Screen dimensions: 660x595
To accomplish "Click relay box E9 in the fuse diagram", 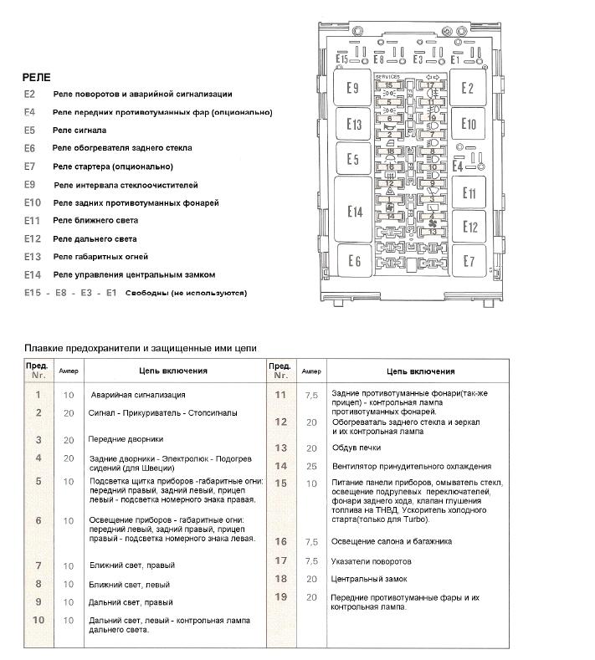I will tap(353, 89).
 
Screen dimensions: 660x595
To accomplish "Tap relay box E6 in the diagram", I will tap(354, 262).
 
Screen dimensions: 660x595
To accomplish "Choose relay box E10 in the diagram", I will tap(469, 125).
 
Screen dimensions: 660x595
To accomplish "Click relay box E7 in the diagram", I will tap(469, 261).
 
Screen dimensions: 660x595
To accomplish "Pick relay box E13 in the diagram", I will tap(354, 125).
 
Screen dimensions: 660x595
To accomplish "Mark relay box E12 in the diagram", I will tap(470, 227).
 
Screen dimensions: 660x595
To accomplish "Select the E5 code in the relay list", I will tap(30, 130).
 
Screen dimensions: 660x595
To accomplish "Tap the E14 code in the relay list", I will tap(33, 274).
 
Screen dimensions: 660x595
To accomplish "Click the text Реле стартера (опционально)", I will tap(104, 166).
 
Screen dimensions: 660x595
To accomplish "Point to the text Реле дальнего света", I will tap(95, 238).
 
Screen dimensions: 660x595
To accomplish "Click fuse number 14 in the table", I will tap(281, 466).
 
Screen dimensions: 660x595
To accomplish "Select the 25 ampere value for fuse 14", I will tap(311, 466).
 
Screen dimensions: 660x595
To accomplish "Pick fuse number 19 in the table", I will tap(281, 596).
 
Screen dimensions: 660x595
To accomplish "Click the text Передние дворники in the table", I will tap(126, 438).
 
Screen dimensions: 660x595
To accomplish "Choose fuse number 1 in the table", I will tap(38, 394).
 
